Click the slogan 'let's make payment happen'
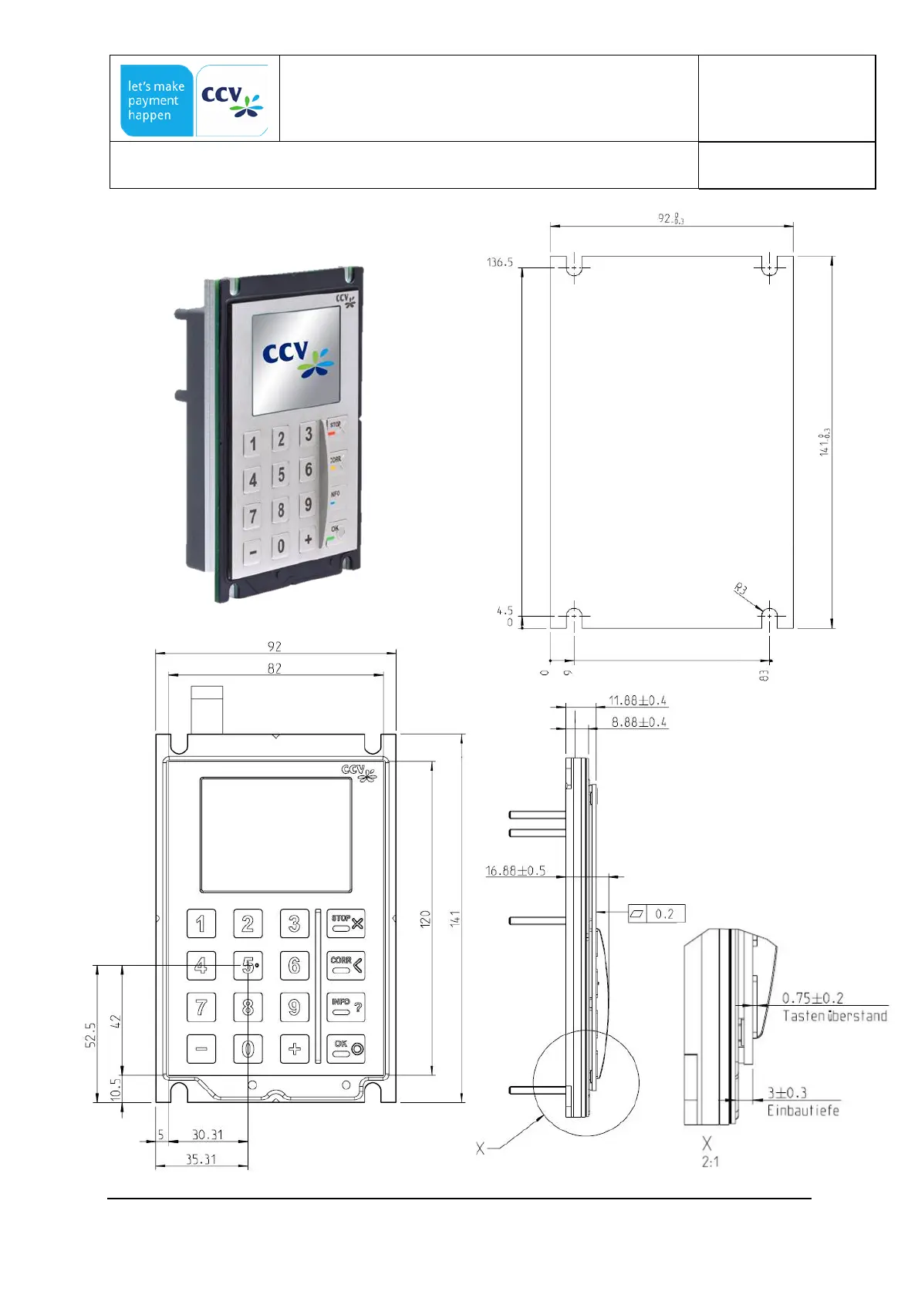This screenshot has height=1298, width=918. (x=156, y=101)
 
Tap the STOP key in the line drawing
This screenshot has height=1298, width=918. (x=346, y=923)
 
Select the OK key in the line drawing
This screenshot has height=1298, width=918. (x=346, y=1048)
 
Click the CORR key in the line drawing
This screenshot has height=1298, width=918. (x=346, y=964)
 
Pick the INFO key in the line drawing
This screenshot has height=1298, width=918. (x=346, y=1006)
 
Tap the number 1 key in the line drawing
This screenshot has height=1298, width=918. (x=201, y=923)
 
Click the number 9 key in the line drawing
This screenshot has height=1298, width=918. (x=294, y=1007)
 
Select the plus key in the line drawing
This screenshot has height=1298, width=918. (x=294, y=1048)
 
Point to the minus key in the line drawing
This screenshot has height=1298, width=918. (x=201, y=1048)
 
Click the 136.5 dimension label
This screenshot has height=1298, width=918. (x=499, y=263)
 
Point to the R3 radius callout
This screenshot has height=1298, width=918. (x=741, y=590)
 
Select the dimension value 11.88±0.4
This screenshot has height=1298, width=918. (x=637, y=701)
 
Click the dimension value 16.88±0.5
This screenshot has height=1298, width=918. (x=515, y=871)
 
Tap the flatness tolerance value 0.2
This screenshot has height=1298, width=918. (x=664, y=914)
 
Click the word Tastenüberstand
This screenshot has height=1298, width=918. (x=835, y=1016)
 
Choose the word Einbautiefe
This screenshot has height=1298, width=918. (x=802, y=1111)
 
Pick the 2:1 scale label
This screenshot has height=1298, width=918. (x=710, y=1162)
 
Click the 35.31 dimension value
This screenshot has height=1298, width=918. (x=201, y=1159)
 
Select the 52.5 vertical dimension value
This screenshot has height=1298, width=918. (x=90, y=1034)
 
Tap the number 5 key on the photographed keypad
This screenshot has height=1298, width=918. (x=281, y=475)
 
